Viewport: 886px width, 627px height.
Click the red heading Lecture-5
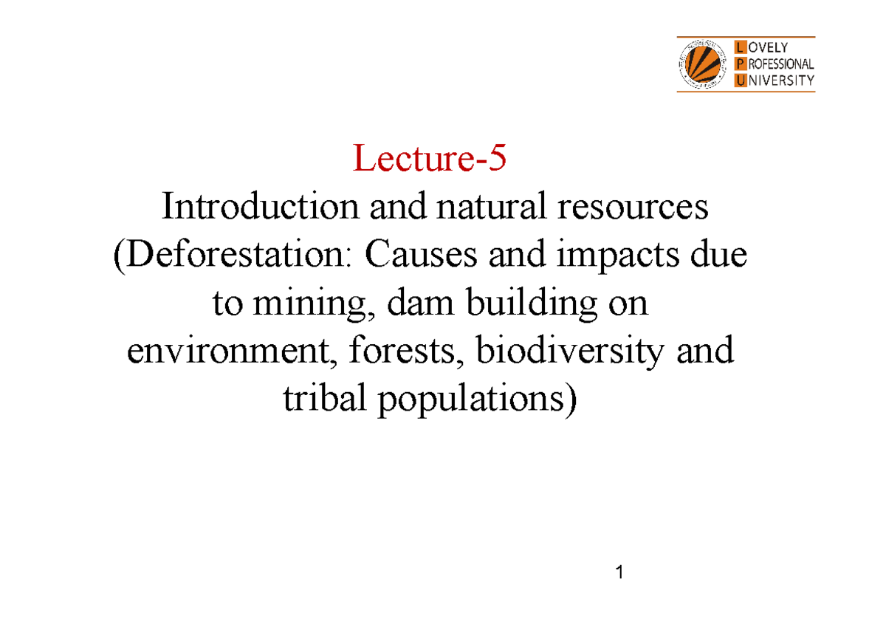[x=430, y=160]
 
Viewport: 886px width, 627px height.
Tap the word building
[x=506, y=304]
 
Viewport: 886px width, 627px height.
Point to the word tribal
[x=324, y=400]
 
